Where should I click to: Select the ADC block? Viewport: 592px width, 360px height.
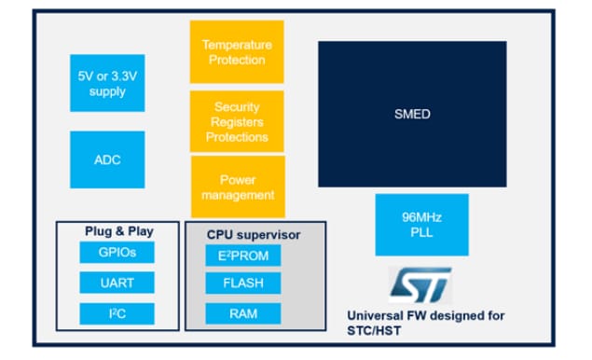tap(106, 159)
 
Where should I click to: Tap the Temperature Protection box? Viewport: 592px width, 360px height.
tap(236, 51)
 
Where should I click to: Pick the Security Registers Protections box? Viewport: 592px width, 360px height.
tap(236, 121)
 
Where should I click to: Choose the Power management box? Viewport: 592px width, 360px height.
tap(237, 187)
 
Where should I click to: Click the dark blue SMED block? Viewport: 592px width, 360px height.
tap(411, 113)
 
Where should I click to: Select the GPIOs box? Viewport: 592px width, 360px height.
tap(116, 252)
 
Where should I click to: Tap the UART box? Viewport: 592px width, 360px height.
tap(116, 283)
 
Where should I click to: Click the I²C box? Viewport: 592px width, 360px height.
tap(116, 313)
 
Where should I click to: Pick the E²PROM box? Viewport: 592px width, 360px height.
tap(242, 255)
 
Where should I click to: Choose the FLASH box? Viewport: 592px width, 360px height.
tap(242, 284)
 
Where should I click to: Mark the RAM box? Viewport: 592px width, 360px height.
tap(242, 313)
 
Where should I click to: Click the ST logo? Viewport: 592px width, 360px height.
tap(420, 283)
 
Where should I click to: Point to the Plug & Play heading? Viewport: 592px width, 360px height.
tap(118, 230)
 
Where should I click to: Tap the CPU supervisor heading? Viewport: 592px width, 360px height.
tap(253, 234)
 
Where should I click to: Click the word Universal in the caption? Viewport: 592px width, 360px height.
tap(374, 316)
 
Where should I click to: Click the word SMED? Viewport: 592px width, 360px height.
tap(411, 114)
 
